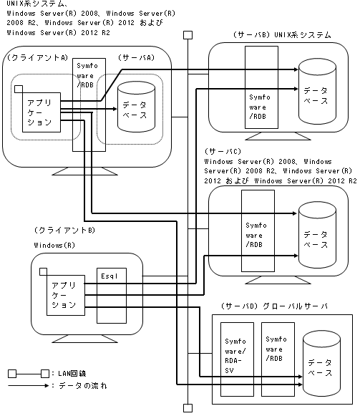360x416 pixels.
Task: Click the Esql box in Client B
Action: click(x=112, y=296)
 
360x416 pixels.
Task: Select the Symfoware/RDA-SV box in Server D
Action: click(x=237, y=359)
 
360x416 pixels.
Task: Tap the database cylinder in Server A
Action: click(x=136, y=107)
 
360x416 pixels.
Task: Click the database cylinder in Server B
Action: click(x=317, y=91)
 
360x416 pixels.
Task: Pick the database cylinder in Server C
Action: click(x=317, y=235)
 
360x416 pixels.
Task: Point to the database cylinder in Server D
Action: click(x=321, y=364)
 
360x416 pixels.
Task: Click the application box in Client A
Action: click(x=42, y=112)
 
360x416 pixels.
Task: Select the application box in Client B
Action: click(x=66, y=295)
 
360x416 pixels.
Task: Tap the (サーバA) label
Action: click(x=136, y=57)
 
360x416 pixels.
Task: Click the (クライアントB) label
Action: click(x=64, y=230)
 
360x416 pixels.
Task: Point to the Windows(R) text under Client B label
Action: click(x=54, y=245)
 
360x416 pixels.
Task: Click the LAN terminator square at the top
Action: click(x=188, y=35)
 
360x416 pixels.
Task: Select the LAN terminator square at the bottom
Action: click(x=188, y=408)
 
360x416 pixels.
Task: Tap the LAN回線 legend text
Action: click(x=72, y=373)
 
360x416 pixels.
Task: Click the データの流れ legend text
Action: click(x=83, y=385)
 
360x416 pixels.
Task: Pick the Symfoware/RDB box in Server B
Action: click(x=261, y=87)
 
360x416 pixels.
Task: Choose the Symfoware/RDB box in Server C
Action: click(x=258, y=231)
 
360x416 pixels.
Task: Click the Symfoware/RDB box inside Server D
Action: click(x=278, y=359)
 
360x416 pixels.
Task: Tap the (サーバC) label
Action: click(x=223, y=151)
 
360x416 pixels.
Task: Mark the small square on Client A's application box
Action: click(x=19, y=89)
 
